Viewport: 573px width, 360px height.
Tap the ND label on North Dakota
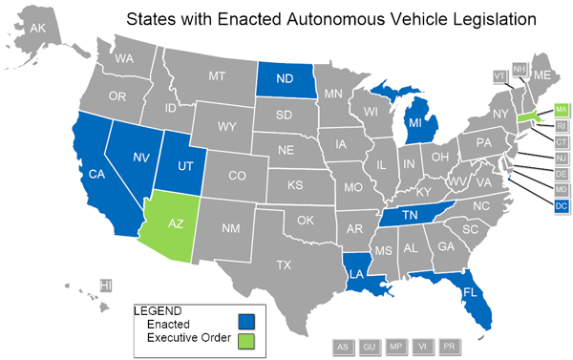click(x=286, y=79)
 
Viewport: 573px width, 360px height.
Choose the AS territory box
click(x=342, y=346)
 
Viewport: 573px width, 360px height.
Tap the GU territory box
click(x=369, y=346)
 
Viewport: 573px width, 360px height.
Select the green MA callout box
click(x=561, y=110)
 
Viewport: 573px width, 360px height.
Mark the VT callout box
click(x=499, y=75)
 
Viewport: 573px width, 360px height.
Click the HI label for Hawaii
click(x=107, y=285)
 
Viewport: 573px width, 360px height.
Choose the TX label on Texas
click(x=285, y=265)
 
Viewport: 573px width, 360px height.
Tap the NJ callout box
click(x=561, y=158)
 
